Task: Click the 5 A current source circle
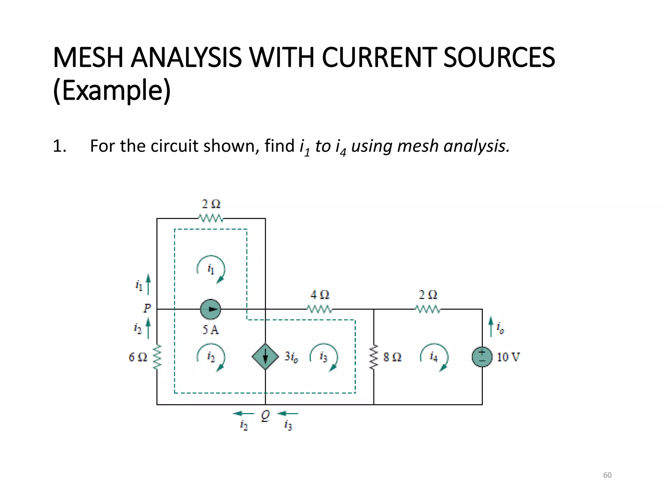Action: click(210, 309)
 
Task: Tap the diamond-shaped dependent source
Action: click(265, 357)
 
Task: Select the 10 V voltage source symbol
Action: click(482, 357)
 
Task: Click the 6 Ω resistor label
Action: click(138, 357)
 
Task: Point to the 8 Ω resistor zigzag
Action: click(374, 357)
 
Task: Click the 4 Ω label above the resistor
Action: click(320, 295)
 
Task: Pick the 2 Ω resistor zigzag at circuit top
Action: click(211, 218)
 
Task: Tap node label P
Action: click(147, 308)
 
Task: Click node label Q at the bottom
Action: click(265, 415)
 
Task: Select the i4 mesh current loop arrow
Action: click(434, 357)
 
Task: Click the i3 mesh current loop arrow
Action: click(324, 357)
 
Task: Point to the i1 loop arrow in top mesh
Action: click(211, 269)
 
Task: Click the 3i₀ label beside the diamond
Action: click(291, 357)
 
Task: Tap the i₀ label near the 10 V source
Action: click(500, 328)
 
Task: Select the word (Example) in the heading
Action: click(112, 90)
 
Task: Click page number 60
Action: click(607, 475)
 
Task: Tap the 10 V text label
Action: click(508, 357)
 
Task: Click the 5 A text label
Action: click(211, 330)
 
